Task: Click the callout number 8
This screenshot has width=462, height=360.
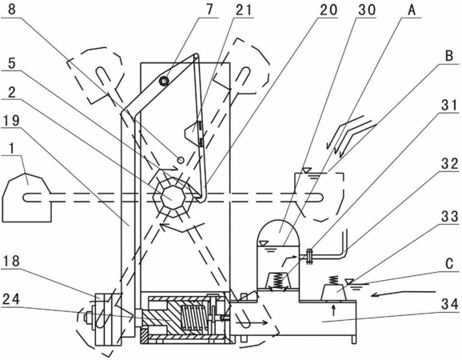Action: point(11,9)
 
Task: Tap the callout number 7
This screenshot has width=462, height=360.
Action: point(209,9)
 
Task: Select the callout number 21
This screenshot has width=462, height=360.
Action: point(244,10)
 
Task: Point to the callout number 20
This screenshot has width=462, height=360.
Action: point(329,10)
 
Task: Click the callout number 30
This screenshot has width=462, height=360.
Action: point(367,10)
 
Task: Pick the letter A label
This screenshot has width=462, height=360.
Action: point(412,10)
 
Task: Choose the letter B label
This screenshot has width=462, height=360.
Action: point(449,55)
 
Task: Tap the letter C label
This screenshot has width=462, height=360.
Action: point(449,263)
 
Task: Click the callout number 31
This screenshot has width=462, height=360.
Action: point(449,105)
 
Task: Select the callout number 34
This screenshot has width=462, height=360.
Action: point(449,303)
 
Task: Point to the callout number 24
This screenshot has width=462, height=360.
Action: point(11,298)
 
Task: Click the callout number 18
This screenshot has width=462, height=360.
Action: point(11,261)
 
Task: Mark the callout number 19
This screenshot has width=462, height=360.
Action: point(11,121)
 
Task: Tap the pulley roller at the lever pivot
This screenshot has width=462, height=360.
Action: point(164,81)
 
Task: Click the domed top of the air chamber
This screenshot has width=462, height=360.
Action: point(278,232)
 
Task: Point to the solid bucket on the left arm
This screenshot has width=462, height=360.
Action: point(27,197)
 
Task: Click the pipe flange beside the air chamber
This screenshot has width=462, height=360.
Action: point(309,257)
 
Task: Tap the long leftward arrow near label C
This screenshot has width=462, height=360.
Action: point(403,294)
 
